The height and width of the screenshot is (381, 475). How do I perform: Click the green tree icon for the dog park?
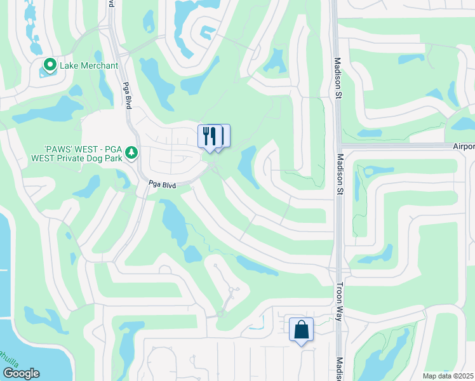131,152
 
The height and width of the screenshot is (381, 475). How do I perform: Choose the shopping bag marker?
302,330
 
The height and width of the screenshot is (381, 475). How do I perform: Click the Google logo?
21,373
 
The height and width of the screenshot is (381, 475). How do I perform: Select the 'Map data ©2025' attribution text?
448,376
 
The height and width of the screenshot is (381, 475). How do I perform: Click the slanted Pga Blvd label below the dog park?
161,184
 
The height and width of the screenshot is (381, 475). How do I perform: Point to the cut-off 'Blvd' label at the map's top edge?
112,3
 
